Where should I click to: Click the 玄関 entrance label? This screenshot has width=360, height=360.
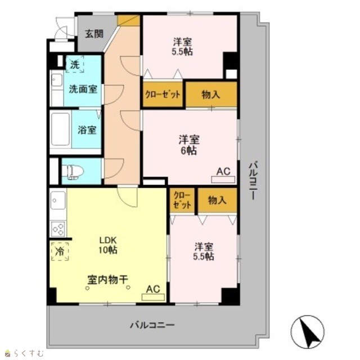(94, 34)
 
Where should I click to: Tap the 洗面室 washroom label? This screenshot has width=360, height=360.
(83, 89)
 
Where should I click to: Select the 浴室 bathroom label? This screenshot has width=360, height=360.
(87, 130)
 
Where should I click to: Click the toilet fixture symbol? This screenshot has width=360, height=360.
(73, 172)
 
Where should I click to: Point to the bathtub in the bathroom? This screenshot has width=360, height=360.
(61, 129)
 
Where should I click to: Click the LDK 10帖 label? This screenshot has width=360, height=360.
(108, 245)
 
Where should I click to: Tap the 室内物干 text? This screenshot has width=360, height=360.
(107, 280)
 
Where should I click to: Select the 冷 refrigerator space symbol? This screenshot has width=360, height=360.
(60, 251)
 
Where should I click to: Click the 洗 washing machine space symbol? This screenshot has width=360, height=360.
(75, 64)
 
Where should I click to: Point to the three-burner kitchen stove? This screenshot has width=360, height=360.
(58, 229)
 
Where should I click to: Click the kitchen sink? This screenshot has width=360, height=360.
(58, 200)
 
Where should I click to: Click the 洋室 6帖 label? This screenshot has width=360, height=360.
(189, 145)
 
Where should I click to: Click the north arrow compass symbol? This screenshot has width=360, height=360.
(308, 332)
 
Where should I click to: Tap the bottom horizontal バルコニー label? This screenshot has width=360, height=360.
(152, 325)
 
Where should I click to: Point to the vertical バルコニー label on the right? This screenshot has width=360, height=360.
(254, 181)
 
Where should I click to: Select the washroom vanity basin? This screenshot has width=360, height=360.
(57, 80)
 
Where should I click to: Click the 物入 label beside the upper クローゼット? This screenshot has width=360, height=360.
(211, 94)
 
